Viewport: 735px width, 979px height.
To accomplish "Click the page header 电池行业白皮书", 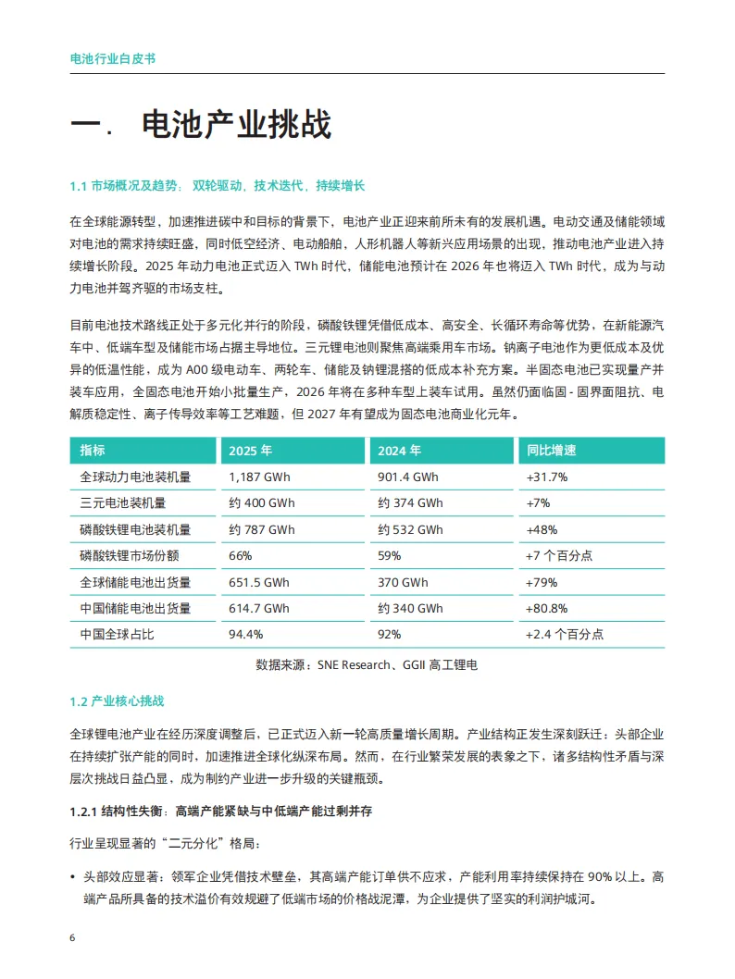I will point(112,58).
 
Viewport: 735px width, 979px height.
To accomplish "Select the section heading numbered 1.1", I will point(218,186).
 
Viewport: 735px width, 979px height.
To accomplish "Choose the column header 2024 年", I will point(400,451).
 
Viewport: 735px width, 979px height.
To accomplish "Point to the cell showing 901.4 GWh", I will point(408,477).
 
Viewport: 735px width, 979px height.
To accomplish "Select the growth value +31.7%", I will point(546,477).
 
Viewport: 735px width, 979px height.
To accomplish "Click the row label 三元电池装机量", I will point(122,503).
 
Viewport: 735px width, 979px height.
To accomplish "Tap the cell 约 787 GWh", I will point(261,530).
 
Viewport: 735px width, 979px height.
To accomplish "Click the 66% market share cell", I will point(240,556).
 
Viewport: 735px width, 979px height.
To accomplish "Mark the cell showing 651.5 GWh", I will point(258,583).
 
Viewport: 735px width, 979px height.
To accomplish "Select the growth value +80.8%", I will point(546,609).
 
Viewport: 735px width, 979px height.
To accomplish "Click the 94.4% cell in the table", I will point(245,635).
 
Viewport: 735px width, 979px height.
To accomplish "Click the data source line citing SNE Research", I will point(367,664).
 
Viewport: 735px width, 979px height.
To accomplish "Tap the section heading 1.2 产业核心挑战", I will point(116,700).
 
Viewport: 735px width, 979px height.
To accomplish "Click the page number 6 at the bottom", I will point(73,937).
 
